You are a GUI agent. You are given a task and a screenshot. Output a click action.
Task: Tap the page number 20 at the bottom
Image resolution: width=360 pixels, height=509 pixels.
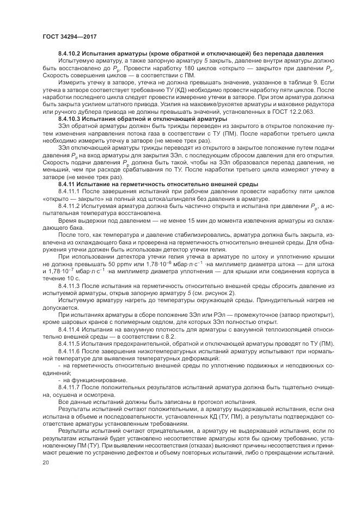[x=46, y=462]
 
